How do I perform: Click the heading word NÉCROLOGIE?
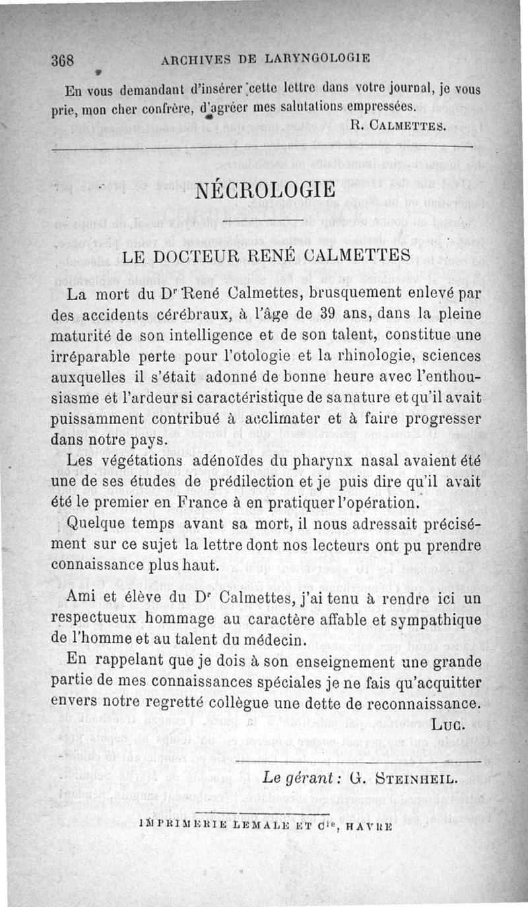click(x=265, y=191)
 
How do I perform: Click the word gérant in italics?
click(x=308, y=778)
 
